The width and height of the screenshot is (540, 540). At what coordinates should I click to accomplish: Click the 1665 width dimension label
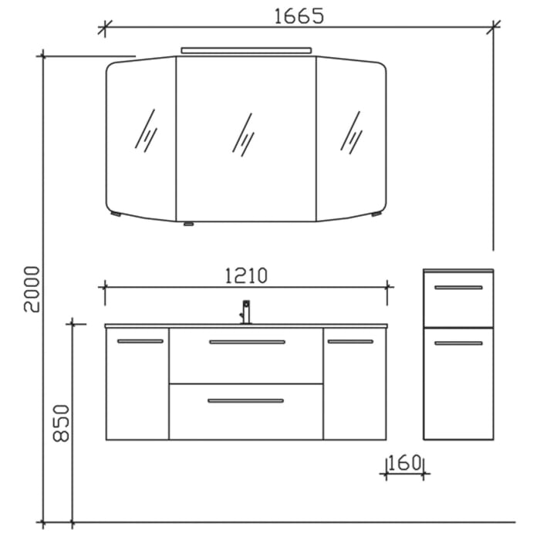coord(298,15)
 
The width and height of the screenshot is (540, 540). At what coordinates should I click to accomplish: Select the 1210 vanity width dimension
coord(245,275)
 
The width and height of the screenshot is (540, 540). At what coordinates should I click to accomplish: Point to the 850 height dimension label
coord(61,423)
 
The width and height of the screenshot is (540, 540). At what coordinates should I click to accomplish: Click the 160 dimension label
coord(406,464)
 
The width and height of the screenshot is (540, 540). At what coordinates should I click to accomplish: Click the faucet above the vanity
coord(246,312)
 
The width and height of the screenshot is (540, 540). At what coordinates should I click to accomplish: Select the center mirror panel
coord(245,139)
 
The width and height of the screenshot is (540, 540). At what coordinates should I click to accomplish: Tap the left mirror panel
coord(143,139)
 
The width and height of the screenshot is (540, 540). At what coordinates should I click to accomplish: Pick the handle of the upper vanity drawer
coord(247,342)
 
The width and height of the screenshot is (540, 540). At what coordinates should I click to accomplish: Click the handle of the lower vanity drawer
coord(245,400)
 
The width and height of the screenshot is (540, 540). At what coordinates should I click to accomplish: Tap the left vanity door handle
coord(140,341)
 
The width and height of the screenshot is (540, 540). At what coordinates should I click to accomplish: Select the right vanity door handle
coord(350,341)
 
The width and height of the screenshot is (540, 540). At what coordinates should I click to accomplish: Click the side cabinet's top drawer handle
coord(458,288)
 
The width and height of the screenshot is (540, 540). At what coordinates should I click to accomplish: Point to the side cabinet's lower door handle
coord(458,343)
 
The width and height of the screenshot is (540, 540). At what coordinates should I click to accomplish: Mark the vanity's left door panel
coord(137,386)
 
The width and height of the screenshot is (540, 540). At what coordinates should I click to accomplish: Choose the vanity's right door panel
coord(354,386)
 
